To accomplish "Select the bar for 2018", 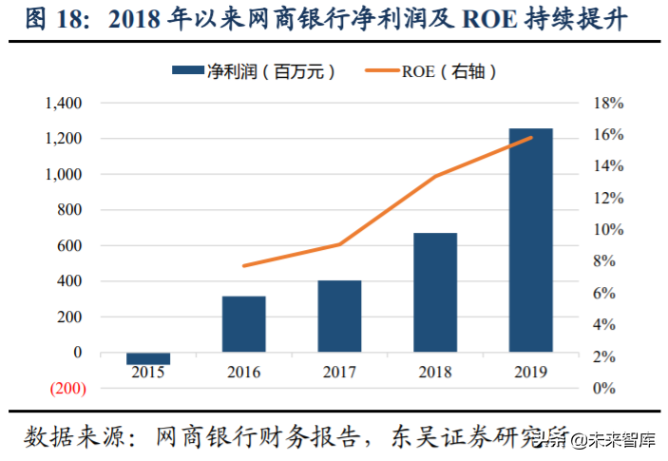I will (435, 292).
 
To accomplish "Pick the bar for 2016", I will (243, 324).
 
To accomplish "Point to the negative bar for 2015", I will (148, 358).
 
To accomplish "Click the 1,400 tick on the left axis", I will (64, 103).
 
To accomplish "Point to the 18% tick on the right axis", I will (608, 103).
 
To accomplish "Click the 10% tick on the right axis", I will (608, 230).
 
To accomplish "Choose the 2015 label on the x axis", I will (148, 373).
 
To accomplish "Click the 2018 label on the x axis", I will (435, 373).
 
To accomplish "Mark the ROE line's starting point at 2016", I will (244, 266).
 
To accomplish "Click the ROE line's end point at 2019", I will (531, 138).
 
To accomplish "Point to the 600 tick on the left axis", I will (70, 245).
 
